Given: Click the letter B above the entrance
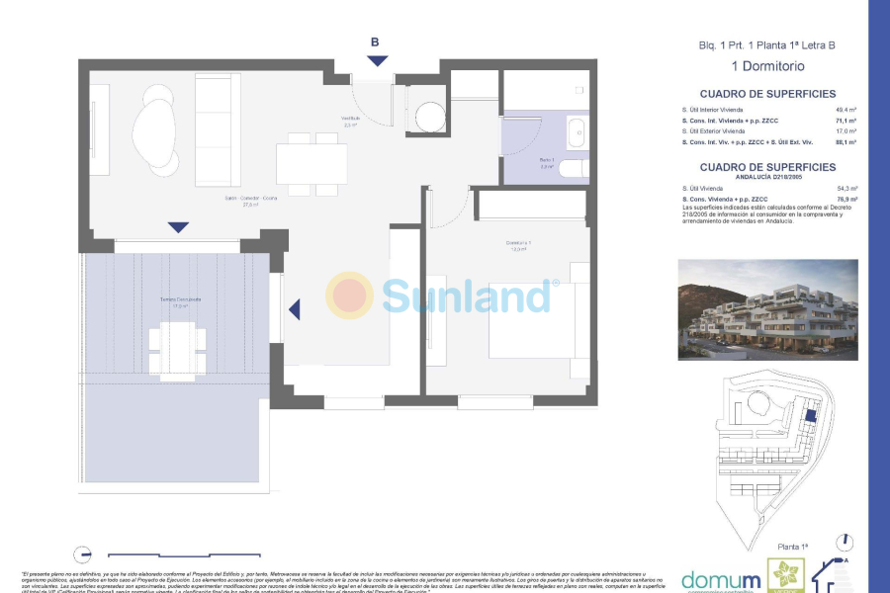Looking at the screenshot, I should pos(375,42).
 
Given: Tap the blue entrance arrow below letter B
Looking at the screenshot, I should pos(378,62).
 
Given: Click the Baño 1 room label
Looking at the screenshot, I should pos(546,160).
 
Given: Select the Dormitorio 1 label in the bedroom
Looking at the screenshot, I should pos(517,245).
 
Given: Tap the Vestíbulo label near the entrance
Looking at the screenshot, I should pos(350,121).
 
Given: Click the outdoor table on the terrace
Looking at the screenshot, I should pos(178,341).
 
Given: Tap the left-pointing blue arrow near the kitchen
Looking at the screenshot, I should pos(294,310).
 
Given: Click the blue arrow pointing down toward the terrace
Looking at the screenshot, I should pos(178,227).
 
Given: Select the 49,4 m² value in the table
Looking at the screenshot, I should pos(845,110).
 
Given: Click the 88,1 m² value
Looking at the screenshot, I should pos(845,142).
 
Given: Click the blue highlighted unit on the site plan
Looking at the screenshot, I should pos(810,416).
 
